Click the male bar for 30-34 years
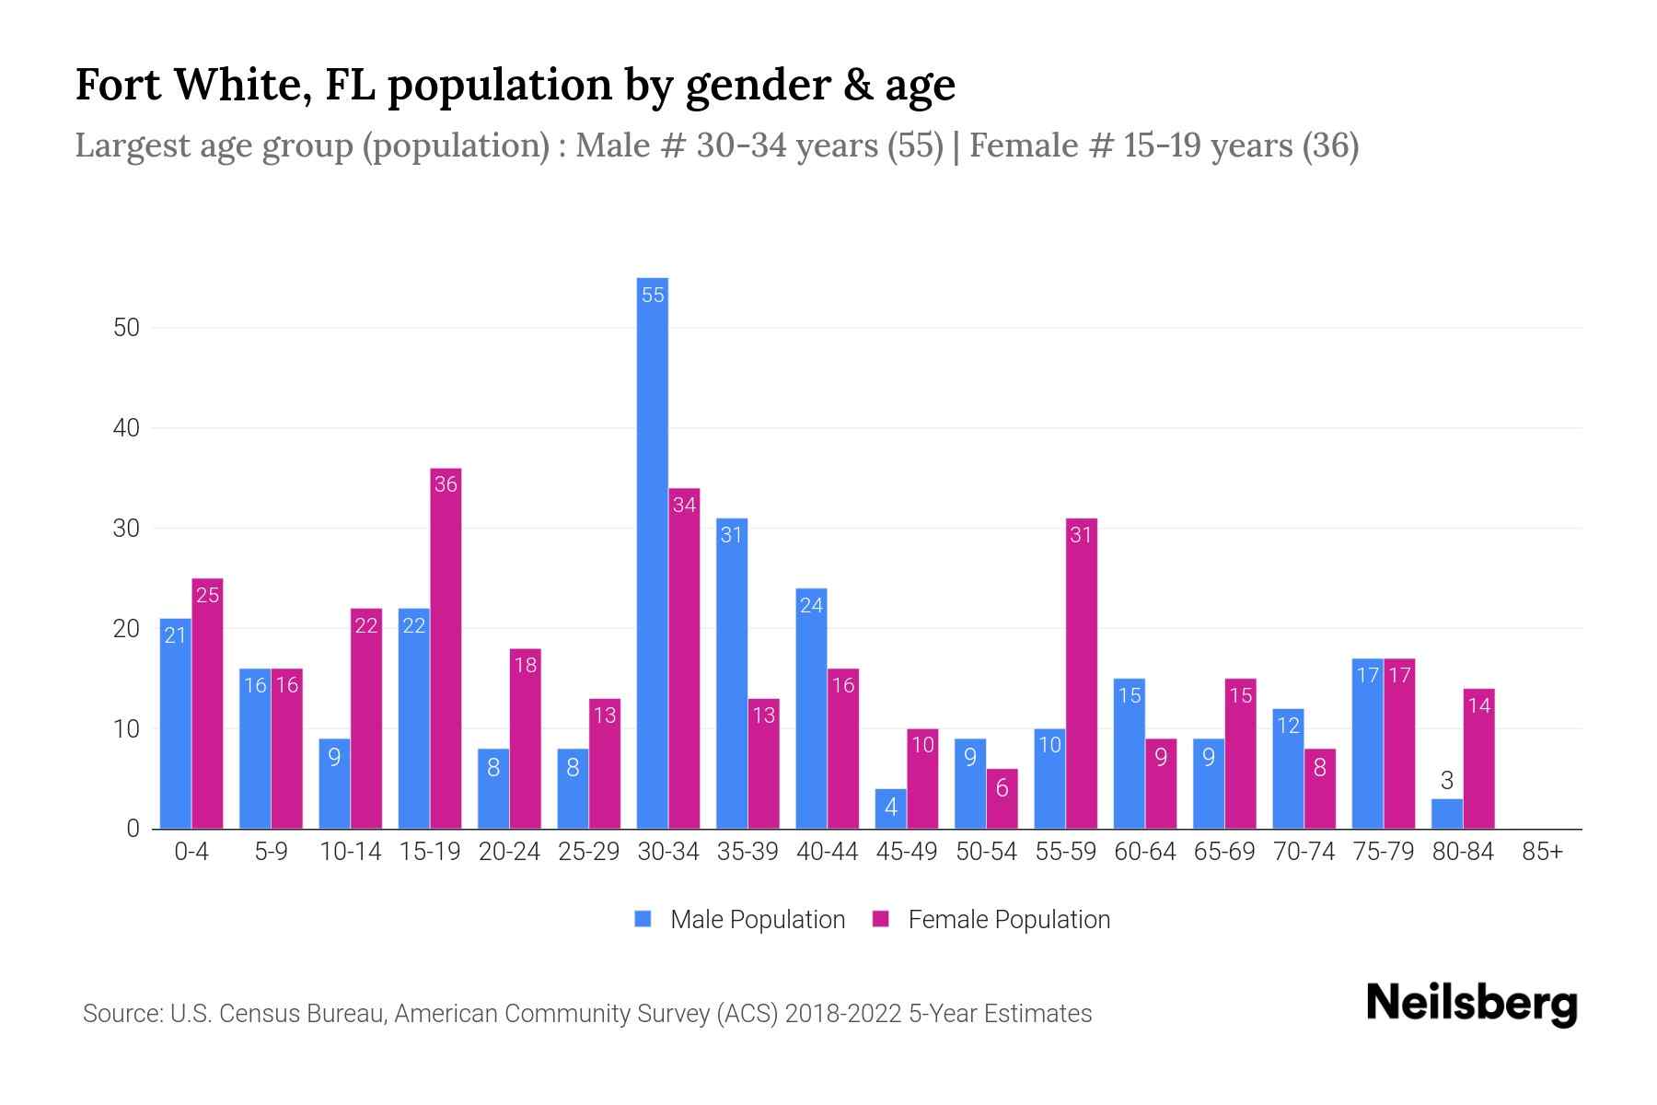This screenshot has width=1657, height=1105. [x=653, y=552]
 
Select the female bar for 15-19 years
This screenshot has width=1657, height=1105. [x=446, y=649]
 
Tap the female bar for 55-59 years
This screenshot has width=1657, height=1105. [x=1081, y=674]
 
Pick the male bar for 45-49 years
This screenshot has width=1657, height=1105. [x=890, y=808]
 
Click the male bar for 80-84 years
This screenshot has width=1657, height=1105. [x=1446, y=814]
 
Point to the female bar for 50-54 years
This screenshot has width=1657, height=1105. [x=1002, y=799]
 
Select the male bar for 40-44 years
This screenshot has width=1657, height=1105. [x=811, y=709]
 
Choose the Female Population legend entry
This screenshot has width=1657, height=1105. [x=991, y=920]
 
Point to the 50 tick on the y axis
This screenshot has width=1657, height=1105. [x=126, y=328]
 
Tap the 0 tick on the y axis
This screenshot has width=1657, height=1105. [x=133, y=829]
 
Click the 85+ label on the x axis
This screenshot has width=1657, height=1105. [x=1542, y=852]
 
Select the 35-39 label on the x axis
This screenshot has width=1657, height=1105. [x=747, y=852]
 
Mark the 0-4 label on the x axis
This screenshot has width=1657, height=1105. [x=191, y=852]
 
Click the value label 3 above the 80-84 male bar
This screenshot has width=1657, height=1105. [x=1446, y=781]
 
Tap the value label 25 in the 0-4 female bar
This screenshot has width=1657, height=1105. [x=208, y=596]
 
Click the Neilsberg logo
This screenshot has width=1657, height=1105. [x=1471, y=1004]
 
